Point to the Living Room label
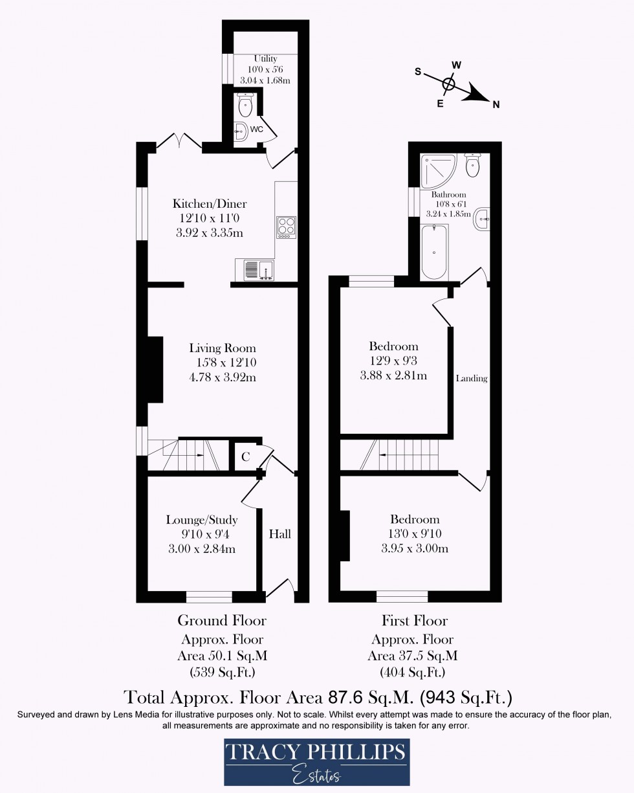click(x=222, y=348)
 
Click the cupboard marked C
click(x=245, y=457)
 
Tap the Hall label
click(x=280, y=533)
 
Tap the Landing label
click(x=471, y=378)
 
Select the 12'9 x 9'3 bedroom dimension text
click(x=393, y=361)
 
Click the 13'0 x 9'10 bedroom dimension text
click(x=415, y=534)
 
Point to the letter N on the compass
click(x=496, y=104)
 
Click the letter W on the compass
click(x=456, y=65)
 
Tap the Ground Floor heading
click(x=222, y=620)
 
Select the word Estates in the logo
click(x=316, y=773)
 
